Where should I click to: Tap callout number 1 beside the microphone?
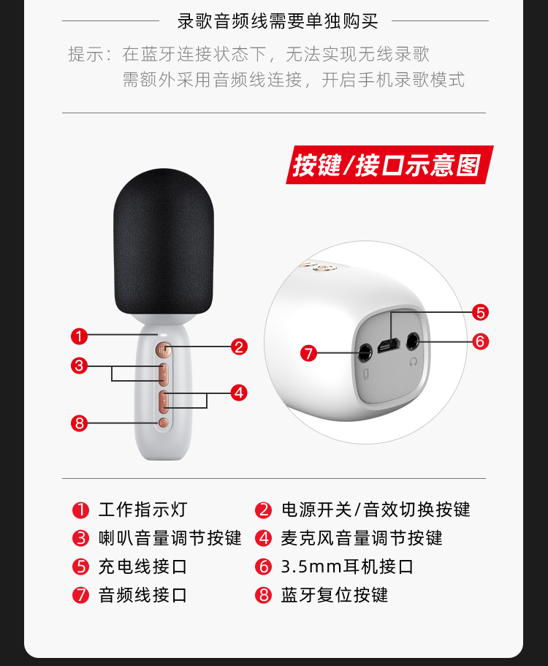coord(79,336)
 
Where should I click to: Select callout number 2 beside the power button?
coord(239,347)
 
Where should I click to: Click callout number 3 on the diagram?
coord(79,366)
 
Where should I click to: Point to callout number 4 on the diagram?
coord(239,393)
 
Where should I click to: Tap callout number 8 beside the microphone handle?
coord(79,423)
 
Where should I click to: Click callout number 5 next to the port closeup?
coord(481,313)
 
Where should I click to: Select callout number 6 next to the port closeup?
coord(481,341)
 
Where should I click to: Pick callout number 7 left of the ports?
coord(308,353)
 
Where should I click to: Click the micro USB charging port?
coord(389,345)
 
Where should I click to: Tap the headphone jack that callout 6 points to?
coord(413,341)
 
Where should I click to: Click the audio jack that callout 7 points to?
coord(365,352)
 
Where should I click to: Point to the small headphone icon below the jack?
coord(414,362)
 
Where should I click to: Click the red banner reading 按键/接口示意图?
coord(389,164)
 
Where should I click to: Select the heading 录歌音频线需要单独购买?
coord(278,21)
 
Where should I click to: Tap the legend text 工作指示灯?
coord(143,510)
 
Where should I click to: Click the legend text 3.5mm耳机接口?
coord(347,567)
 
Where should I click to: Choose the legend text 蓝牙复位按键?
coord(335,595)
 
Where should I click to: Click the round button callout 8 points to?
coord(164,423)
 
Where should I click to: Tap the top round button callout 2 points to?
coord(163,350)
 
